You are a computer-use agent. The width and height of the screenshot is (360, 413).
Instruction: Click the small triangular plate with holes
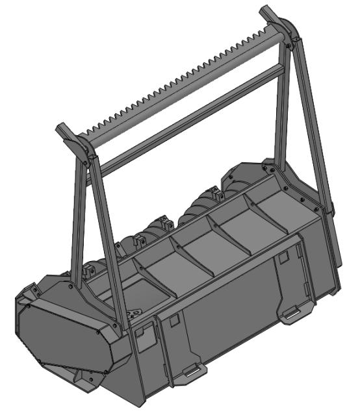click(x=135, y=314)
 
